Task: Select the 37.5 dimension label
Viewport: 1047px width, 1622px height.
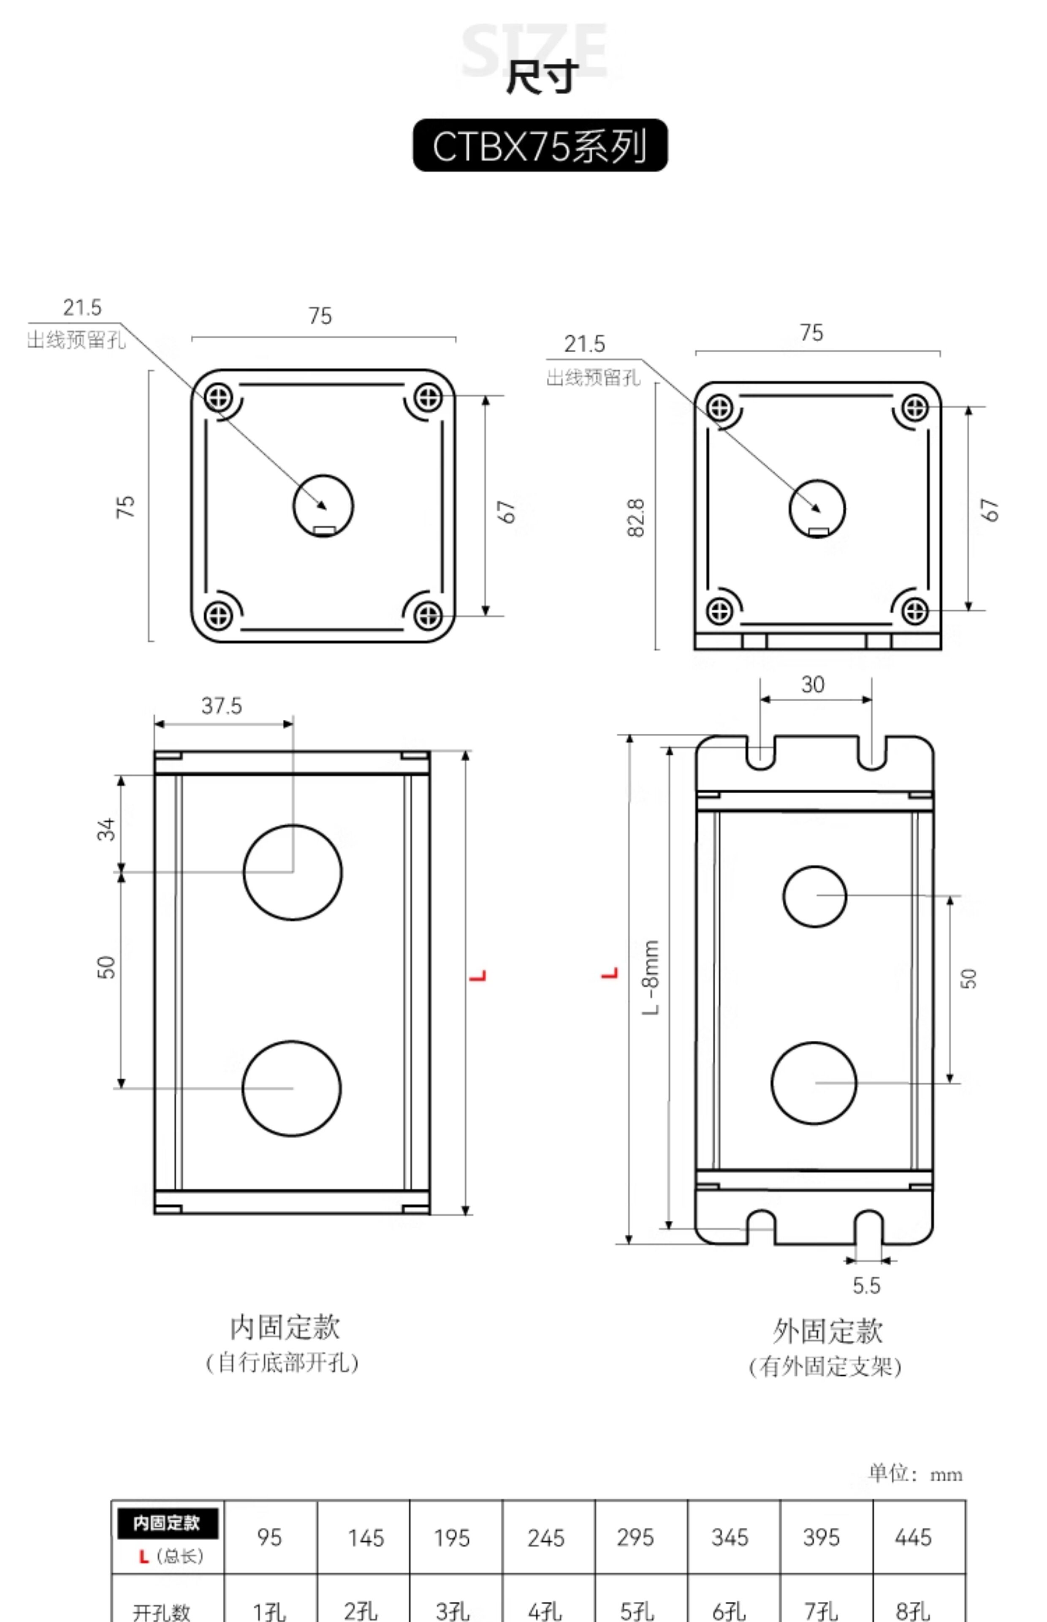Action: pyautogui.click(x=222, y=706)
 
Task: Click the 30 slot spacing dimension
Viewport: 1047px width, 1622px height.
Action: pyautogui.click(x=813, y=684)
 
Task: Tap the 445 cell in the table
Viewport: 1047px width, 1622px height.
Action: pyautogui.click(x=913, y=1537)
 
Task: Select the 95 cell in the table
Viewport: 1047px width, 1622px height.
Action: pyautogui.click(x=269, y=1537)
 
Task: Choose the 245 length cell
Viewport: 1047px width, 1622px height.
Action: pyautogui.click(x=546, y=1538)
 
